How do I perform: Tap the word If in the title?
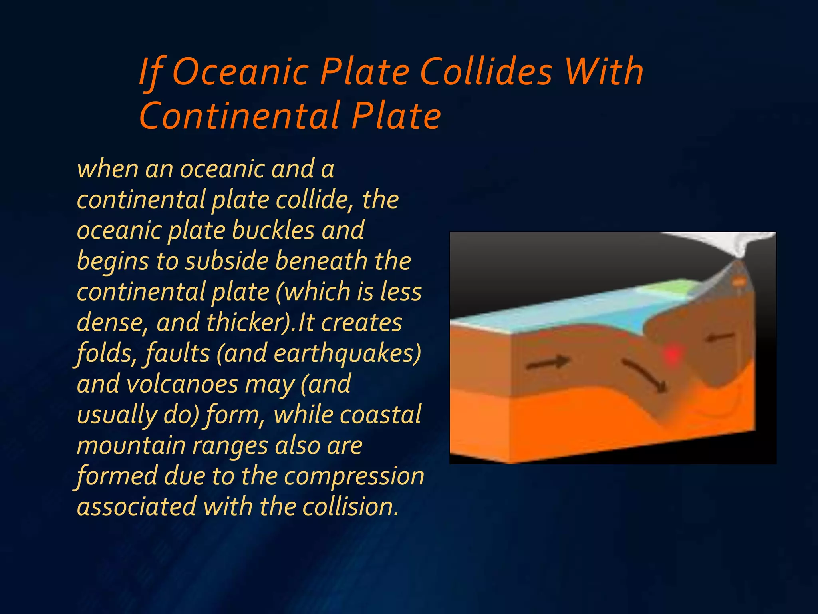[151, 73]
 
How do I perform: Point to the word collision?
[350, 507]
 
